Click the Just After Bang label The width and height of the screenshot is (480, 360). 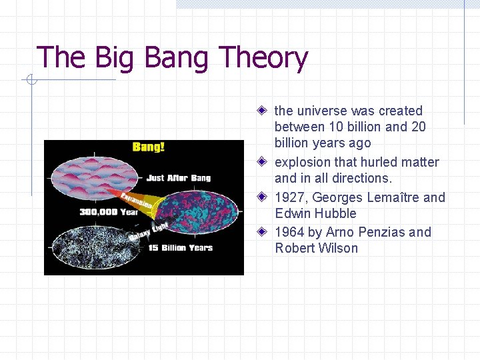click(x=178, y=178)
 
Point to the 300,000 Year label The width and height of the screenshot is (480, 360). click(x=109, y=211)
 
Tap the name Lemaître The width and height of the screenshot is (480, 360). click(x=387, y=197)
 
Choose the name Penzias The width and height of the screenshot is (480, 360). click(x=381, y=232)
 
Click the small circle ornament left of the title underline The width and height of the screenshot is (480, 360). click(x=31, y=81)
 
